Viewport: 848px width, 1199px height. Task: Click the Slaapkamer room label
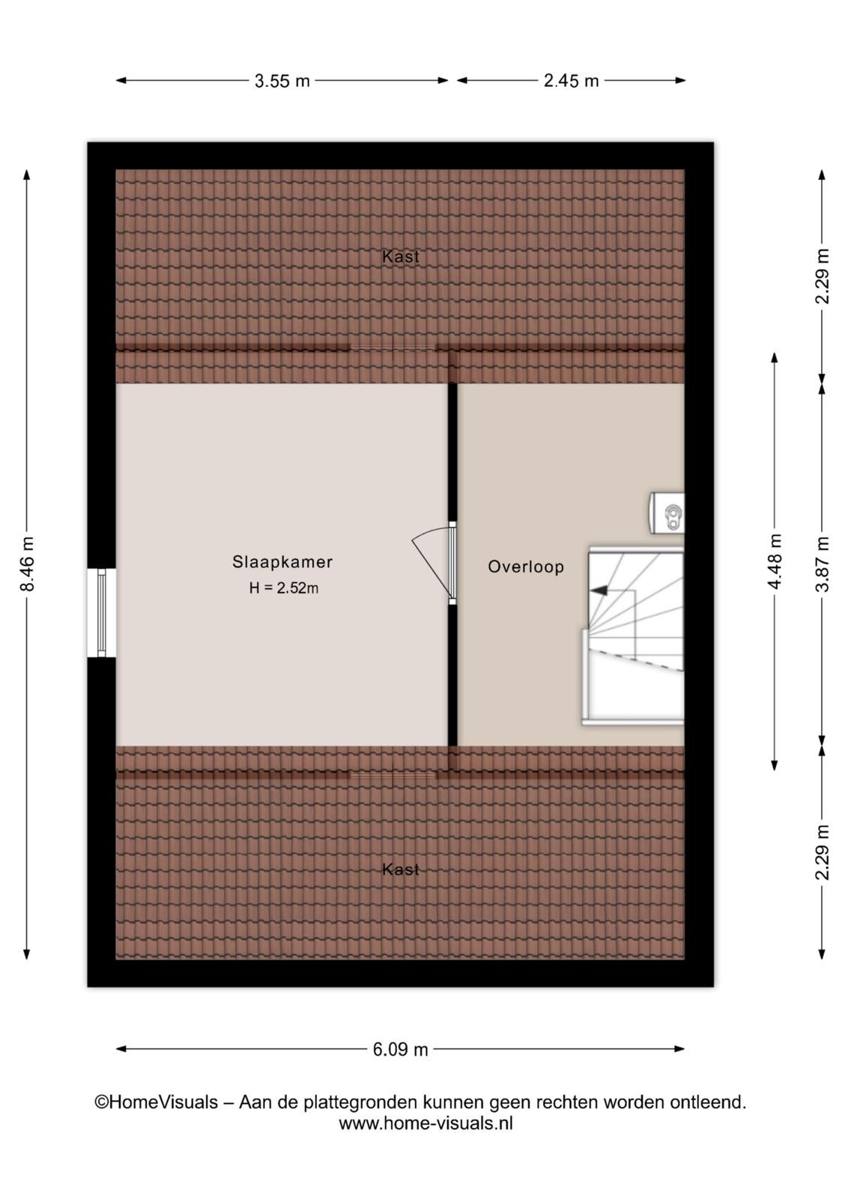click(282, 561)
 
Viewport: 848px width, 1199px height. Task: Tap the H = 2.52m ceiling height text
click(284, 588)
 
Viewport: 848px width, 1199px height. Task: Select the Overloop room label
click(525, 567)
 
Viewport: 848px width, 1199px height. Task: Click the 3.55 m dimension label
click(282, 81)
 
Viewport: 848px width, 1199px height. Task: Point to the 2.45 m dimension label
click(571, 81)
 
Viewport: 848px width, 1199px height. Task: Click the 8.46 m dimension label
click(27, 564)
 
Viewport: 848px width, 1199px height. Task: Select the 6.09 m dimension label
click(400, 1050)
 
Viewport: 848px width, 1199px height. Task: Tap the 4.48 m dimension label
click(775, 561)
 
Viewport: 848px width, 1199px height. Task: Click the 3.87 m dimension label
click(823, 564)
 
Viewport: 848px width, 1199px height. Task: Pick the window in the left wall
click(102, 612)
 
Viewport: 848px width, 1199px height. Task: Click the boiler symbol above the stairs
click(667, 513)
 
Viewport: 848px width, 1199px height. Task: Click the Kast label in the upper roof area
click(400, 256)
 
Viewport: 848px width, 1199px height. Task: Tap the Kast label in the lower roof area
click(400, 869)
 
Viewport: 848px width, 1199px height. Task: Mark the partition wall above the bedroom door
click(452, 453)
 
